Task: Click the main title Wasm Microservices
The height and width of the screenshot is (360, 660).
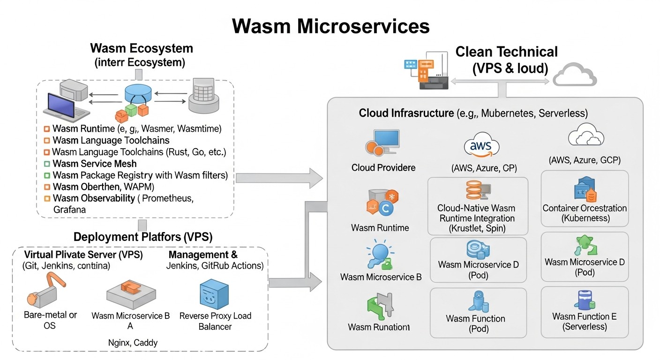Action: pos(330,26)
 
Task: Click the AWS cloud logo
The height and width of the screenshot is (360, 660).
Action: pos(481,147)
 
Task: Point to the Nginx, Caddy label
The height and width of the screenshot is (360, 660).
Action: pos(139,343)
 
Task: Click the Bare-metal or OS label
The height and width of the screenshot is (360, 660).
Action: pos(51,320)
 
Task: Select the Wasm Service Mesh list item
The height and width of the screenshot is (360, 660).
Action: pos(95,164)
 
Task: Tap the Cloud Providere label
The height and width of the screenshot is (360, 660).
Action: pos(383,167)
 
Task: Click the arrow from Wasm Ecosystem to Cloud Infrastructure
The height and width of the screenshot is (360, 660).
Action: pos(279,177)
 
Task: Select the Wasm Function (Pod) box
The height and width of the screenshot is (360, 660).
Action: pos(478,313)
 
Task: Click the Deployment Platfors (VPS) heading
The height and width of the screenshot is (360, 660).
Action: pos(143,237)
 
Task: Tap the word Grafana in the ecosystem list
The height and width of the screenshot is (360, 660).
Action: pos(69,210)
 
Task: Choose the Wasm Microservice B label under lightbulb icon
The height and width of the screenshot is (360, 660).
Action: pos(381,277)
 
